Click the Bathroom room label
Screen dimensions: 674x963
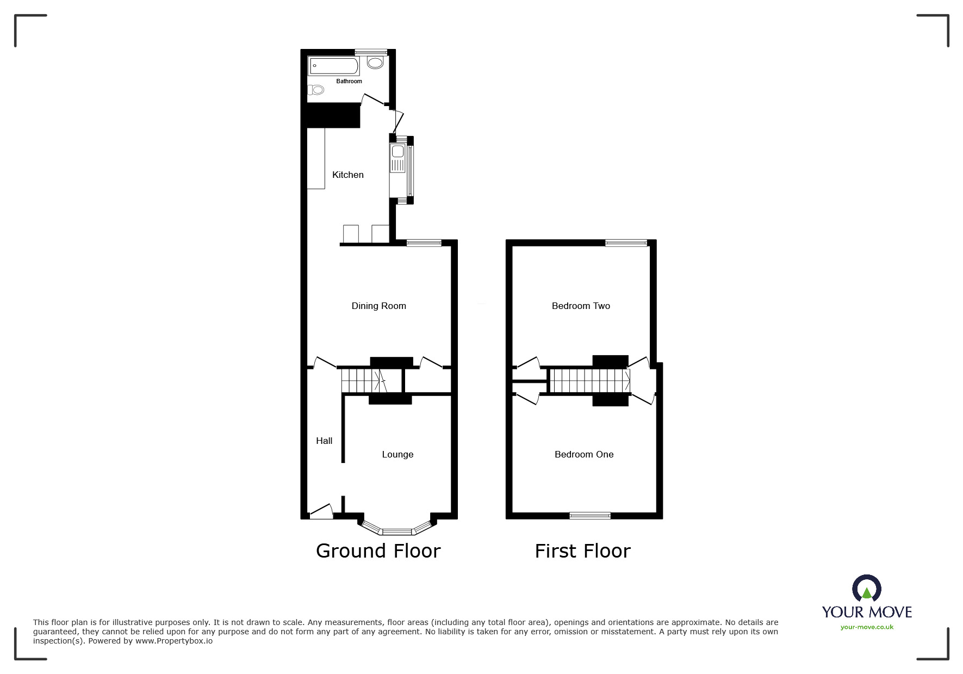pos(349,81)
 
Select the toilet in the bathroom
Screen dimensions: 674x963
pos(316,90)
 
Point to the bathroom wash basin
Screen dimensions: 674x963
pos(375,63)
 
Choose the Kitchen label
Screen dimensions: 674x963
pos(347,175)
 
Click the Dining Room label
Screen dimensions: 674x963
pos(378,306)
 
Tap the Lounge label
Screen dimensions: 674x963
pos(397,454)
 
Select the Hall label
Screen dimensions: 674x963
pos(324,441)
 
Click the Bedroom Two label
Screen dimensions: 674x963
pos(581,306)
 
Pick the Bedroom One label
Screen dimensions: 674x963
pos(584,454)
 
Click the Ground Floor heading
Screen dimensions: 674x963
pos(378,551)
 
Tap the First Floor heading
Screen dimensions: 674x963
pos(582,551)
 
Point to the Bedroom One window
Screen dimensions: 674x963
pos(590,515)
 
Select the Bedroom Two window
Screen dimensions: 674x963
pos(626,243)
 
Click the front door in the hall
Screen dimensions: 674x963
pos(321,511)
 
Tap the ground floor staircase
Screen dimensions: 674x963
pos(362,380)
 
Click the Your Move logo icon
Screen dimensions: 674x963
pos(867,589)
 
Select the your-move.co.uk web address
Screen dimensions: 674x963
pos(867,627)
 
